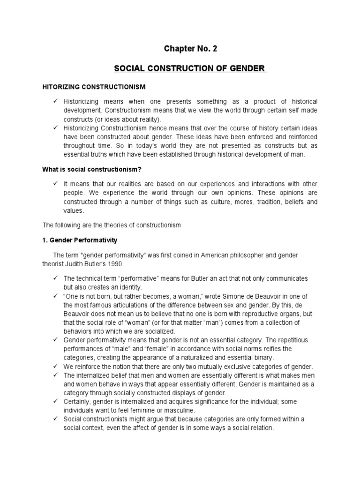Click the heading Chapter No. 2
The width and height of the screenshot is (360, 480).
[191, 48]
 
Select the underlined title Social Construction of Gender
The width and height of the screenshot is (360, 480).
[190, 69]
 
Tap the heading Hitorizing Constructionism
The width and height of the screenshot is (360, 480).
[94, 87]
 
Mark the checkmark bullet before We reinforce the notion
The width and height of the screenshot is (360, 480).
[56, 367]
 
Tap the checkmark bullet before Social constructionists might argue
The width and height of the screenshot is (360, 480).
[56, 419]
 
